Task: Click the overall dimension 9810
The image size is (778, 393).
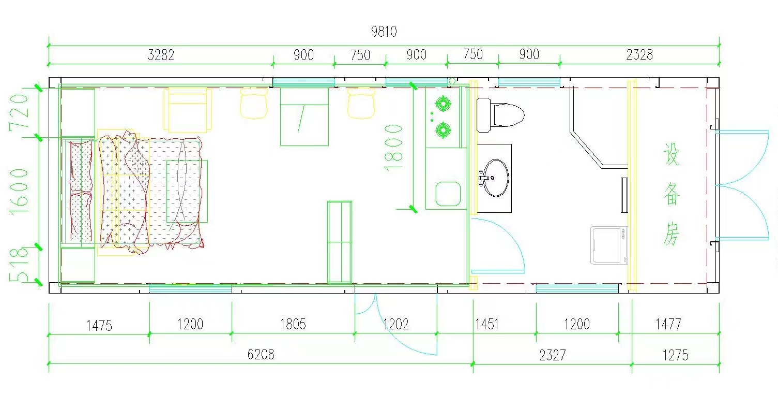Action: [384, 32]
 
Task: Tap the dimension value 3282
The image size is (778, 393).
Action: [161, 55]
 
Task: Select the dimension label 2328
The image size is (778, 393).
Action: [639, 54]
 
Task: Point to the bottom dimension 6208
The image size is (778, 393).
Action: [261, 354]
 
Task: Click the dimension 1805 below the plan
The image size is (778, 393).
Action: [293, 324]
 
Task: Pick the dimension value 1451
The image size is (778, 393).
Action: [486, 324]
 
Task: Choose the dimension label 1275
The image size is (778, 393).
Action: [675, 355]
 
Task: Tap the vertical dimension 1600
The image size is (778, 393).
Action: [19, 192]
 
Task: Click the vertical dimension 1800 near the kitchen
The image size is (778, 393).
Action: [393, 148]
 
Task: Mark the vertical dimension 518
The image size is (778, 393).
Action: [19, 264]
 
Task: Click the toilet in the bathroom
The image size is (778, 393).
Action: [500, 115]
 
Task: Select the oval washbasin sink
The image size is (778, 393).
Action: [496, 178]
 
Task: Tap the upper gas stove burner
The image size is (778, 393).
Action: [443, 104]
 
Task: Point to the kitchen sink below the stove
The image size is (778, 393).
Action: [448, 194]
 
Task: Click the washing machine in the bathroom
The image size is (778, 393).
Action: [609, 245]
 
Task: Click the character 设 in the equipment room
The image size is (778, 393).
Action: [671, 154]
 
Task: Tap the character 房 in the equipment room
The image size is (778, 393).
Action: [671, 234]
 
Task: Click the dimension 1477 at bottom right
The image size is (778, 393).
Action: [668, 324]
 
